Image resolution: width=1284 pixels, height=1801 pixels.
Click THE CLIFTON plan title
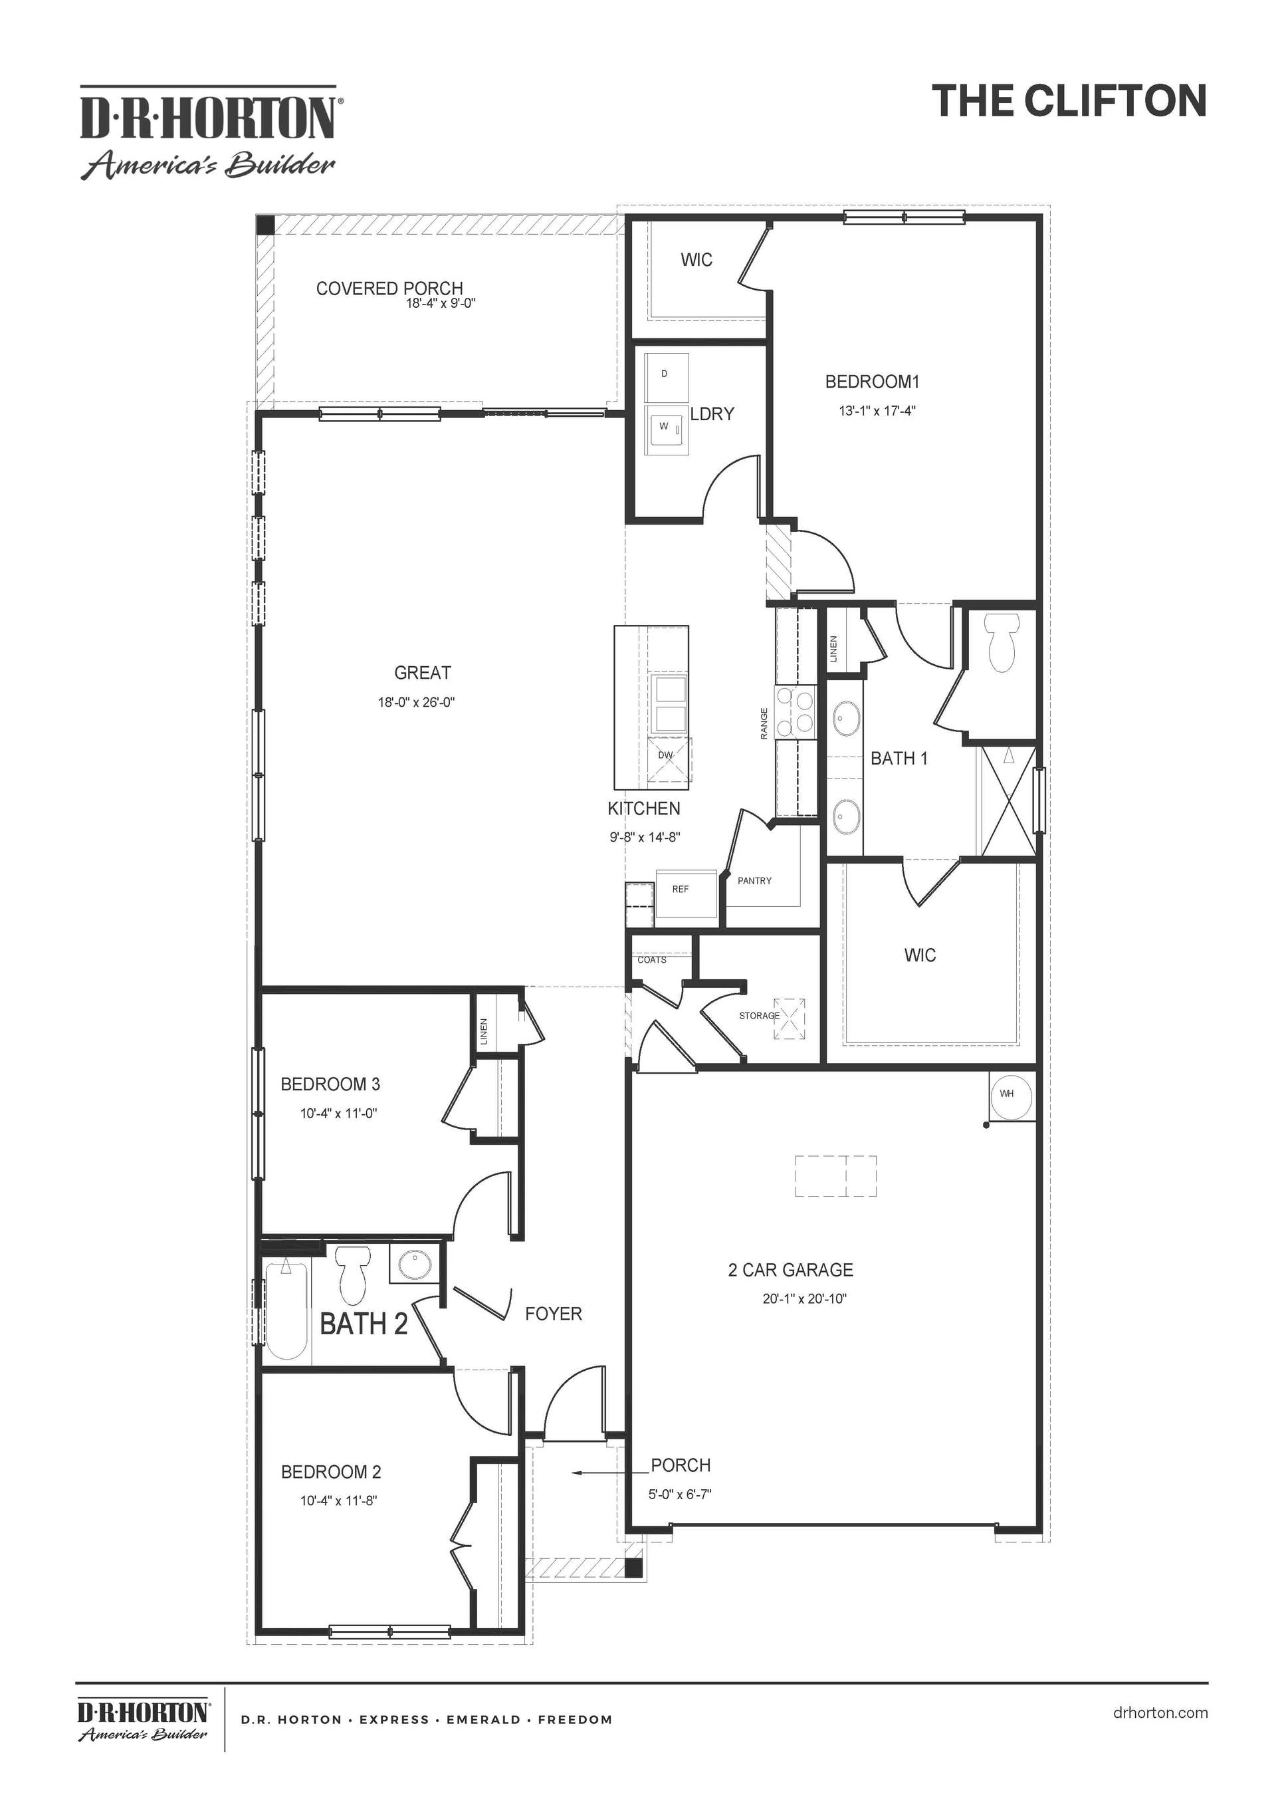point(1068,101)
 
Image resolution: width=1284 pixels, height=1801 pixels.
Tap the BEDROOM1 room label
point(872,382)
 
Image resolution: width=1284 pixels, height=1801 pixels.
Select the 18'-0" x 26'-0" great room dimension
point(416,702)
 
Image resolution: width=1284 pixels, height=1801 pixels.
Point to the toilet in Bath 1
point(1001,643)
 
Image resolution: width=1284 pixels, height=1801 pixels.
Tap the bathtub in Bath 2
point(286,1309)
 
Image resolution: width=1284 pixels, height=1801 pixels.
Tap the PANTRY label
point(754,880)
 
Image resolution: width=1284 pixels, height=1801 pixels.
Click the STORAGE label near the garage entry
point(759,1016)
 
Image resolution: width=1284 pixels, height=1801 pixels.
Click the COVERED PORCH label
point(389,289)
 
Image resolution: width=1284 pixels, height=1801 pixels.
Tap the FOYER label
point(553,1314)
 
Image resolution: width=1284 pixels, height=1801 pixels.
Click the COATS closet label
point(651,960)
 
